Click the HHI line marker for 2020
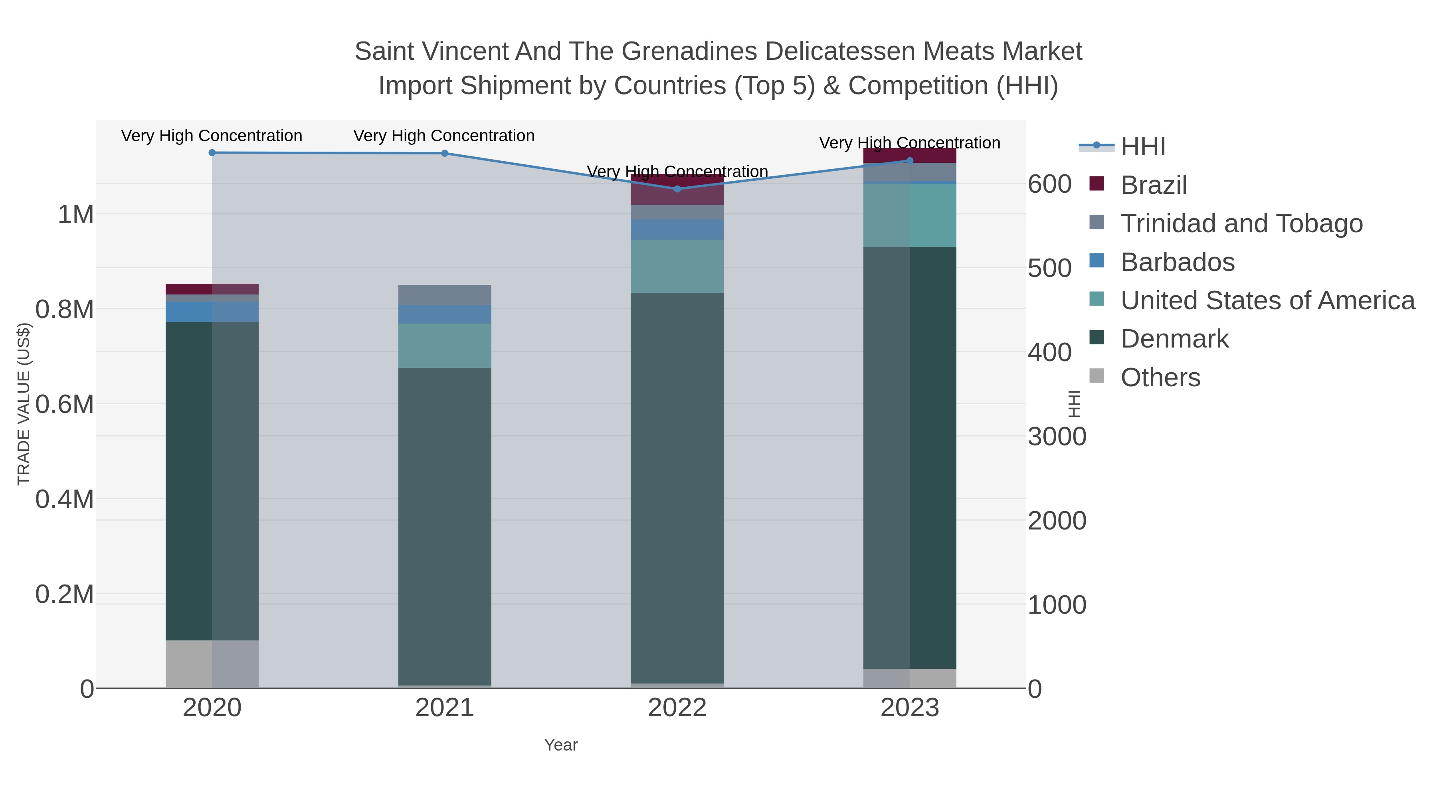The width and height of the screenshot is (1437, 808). coord(212,153)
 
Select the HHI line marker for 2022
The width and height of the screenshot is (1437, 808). coord(677,189)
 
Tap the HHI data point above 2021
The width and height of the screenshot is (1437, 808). coord(445,153)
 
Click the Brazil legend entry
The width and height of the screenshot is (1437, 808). coord(1153,185)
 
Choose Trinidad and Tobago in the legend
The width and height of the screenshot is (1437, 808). coord(1241,223)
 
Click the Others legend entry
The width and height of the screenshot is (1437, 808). coord(1160,377)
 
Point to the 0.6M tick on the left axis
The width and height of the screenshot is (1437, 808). coord(64,404)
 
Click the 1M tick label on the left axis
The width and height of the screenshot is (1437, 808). coord(75,215)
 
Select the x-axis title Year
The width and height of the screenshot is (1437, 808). coord(561,745)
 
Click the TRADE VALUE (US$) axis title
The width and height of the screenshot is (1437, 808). coord(24,404)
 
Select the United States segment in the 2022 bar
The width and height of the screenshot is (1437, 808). coord(677,267)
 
